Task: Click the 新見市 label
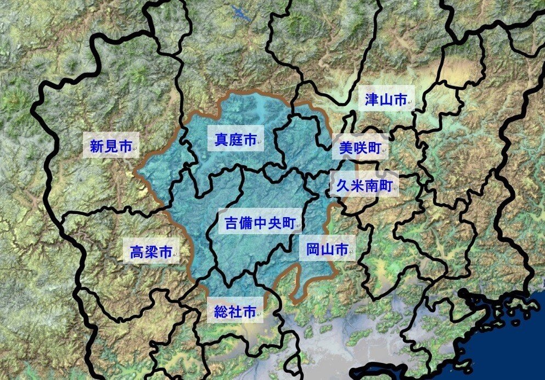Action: click(110, 146)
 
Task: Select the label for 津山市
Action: click(386, 99)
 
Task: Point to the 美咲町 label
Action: click(359, 148)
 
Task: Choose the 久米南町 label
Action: click(363, 186)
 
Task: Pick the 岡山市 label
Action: click(327, 250)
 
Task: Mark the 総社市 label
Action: click(235, 312)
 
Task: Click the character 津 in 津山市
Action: click(372, 99)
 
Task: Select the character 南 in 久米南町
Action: click(371, 186)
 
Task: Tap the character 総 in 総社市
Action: click(221, 312)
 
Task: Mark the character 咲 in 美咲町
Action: click(360, 148)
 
